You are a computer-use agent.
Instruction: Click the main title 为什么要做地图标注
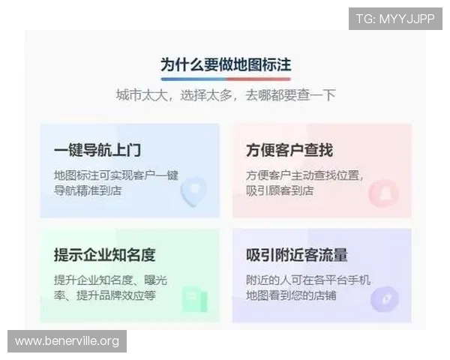(226, 64)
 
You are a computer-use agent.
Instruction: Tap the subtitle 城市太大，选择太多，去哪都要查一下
(226, 95)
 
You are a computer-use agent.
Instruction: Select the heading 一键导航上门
(97, 150)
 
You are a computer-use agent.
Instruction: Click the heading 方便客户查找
(289, 150)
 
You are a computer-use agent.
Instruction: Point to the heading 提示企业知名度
(105, 255)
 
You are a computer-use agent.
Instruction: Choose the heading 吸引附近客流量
(297, 255)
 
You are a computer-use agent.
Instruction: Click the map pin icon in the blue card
(194, 190)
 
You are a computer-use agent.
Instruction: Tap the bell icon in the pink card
(385, 192)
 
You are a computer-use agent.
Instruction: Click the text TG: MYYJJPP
(395, 19)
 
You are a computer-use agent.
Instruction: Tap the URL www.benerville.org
(67, 341)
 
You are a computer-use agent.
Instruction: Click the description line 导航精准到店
(88, 190)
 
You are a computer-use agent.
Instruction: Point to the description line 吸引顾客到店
(280, 190)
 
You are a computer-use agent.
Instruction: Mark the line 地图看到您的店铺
(291, 295)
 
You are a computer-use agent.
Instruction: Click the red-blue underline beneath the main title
(226, 78)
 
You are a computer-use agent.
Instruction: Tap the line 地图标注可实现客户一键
(116, 175)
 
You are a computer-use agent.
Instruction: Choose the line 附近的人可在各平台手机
(308, 280)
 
